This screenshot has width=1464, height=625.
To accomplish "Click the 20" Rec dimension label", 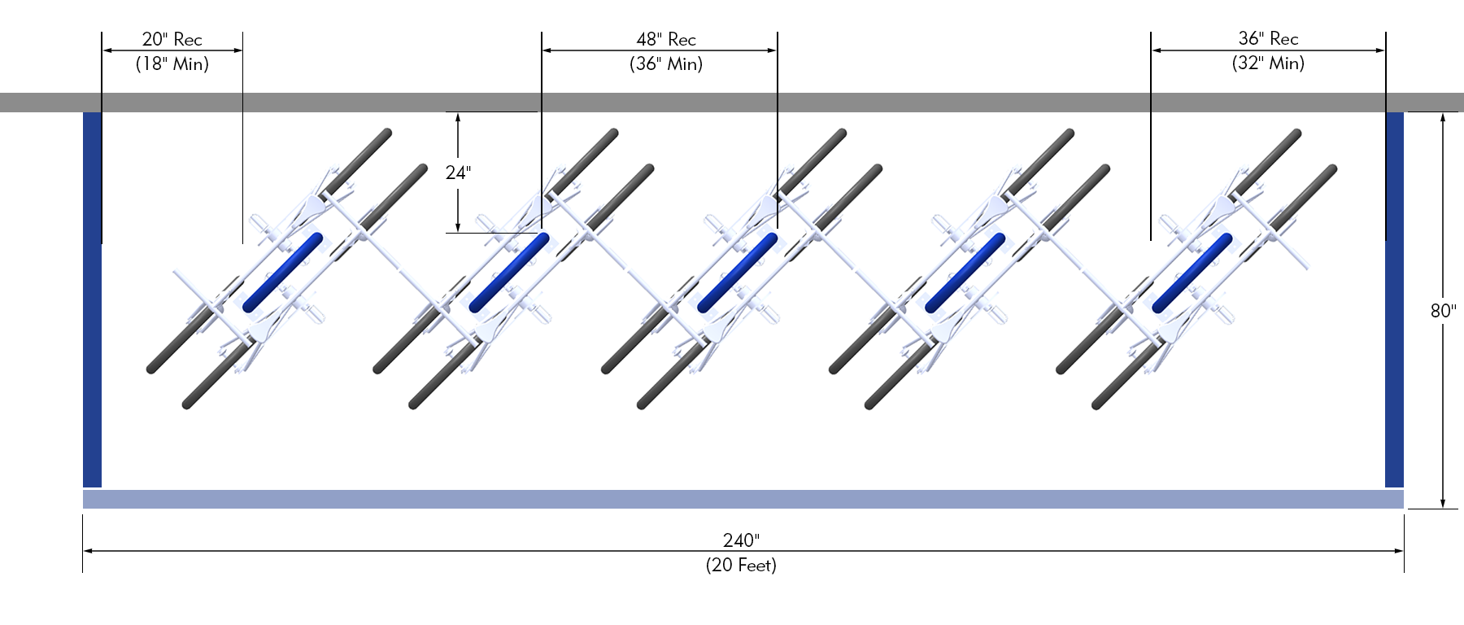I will tap(172, 39).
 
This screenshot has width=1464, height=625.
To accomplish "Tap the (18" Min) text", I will tap(172, 63).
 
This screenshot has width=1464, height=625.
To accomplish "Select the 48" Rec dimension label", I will tap(666, 39).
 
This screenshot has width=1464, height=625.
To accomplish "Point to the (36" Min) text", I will tap(666, 63).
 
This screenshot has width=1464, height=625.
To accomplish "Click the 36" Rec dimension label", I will tap(1268, 38).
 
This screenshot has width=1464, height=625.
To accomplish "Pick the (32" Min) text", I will tap(1268, 63).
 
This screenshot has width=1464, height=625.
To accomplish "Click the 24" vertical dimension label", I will tap(458, 173).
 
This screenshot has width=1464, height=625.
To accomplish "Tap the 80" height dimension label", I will tap(1443, 311).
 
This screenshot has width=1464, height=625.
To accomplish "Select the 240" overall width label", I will tap(741, 540).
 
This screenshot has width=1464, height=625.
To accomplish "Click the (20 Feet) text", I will tap(741, 565).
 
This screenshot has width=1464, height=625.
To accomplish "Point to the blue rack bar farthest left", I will tap(282, 273).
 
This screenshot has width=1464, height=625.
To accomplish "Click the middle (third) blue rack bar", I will tap(738, 273).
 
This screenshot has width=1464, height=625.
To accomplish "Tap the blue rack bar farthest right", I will tap(1192, 273).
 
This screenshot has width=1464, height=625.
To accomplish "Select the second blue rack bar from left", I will tap(510, 273).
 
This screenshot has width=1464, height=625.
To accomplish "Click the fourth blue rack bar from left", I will tap(965, 273).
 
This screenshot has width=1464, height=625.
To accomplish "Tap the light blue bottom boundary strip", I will tap(743, 499).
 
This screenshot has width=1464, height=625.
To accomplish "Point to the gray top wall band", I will tap(732, 102).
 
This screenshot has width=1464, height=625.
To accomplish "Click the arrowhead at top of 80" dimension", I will tap(1443, 116).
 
